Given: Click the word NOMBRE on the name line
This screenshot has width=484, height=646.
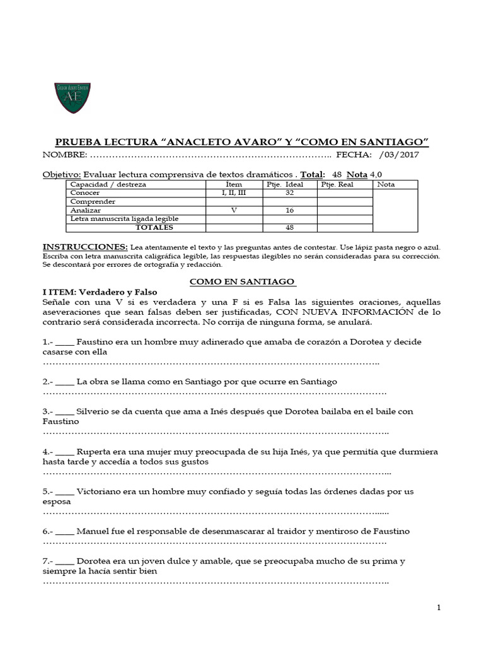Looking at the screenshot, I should pos(62,155).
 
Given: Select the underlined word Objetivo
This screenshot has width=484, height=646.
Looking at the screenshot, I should pos(62,174).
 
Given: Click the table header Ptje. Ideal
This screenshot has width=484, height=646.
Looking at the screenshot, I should pos(290,184).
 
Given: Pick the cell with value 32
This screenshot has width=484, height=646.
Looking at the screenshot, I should pos(290,193).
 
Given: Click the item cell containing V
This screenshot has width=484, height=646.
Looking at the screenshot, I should pos(234,210).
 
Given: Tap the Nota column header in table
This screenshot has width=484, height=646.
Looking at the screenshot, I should pos(386,184).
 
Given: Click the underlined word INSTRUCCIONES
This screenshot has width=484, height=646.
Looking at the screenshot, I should pos(84,247).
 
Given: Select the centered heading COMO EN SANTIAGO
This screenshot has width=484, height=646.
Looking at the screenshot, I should pos(243,281).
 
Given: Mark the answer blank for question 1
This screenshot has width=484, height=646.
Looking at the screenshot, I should pos(65,342).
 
